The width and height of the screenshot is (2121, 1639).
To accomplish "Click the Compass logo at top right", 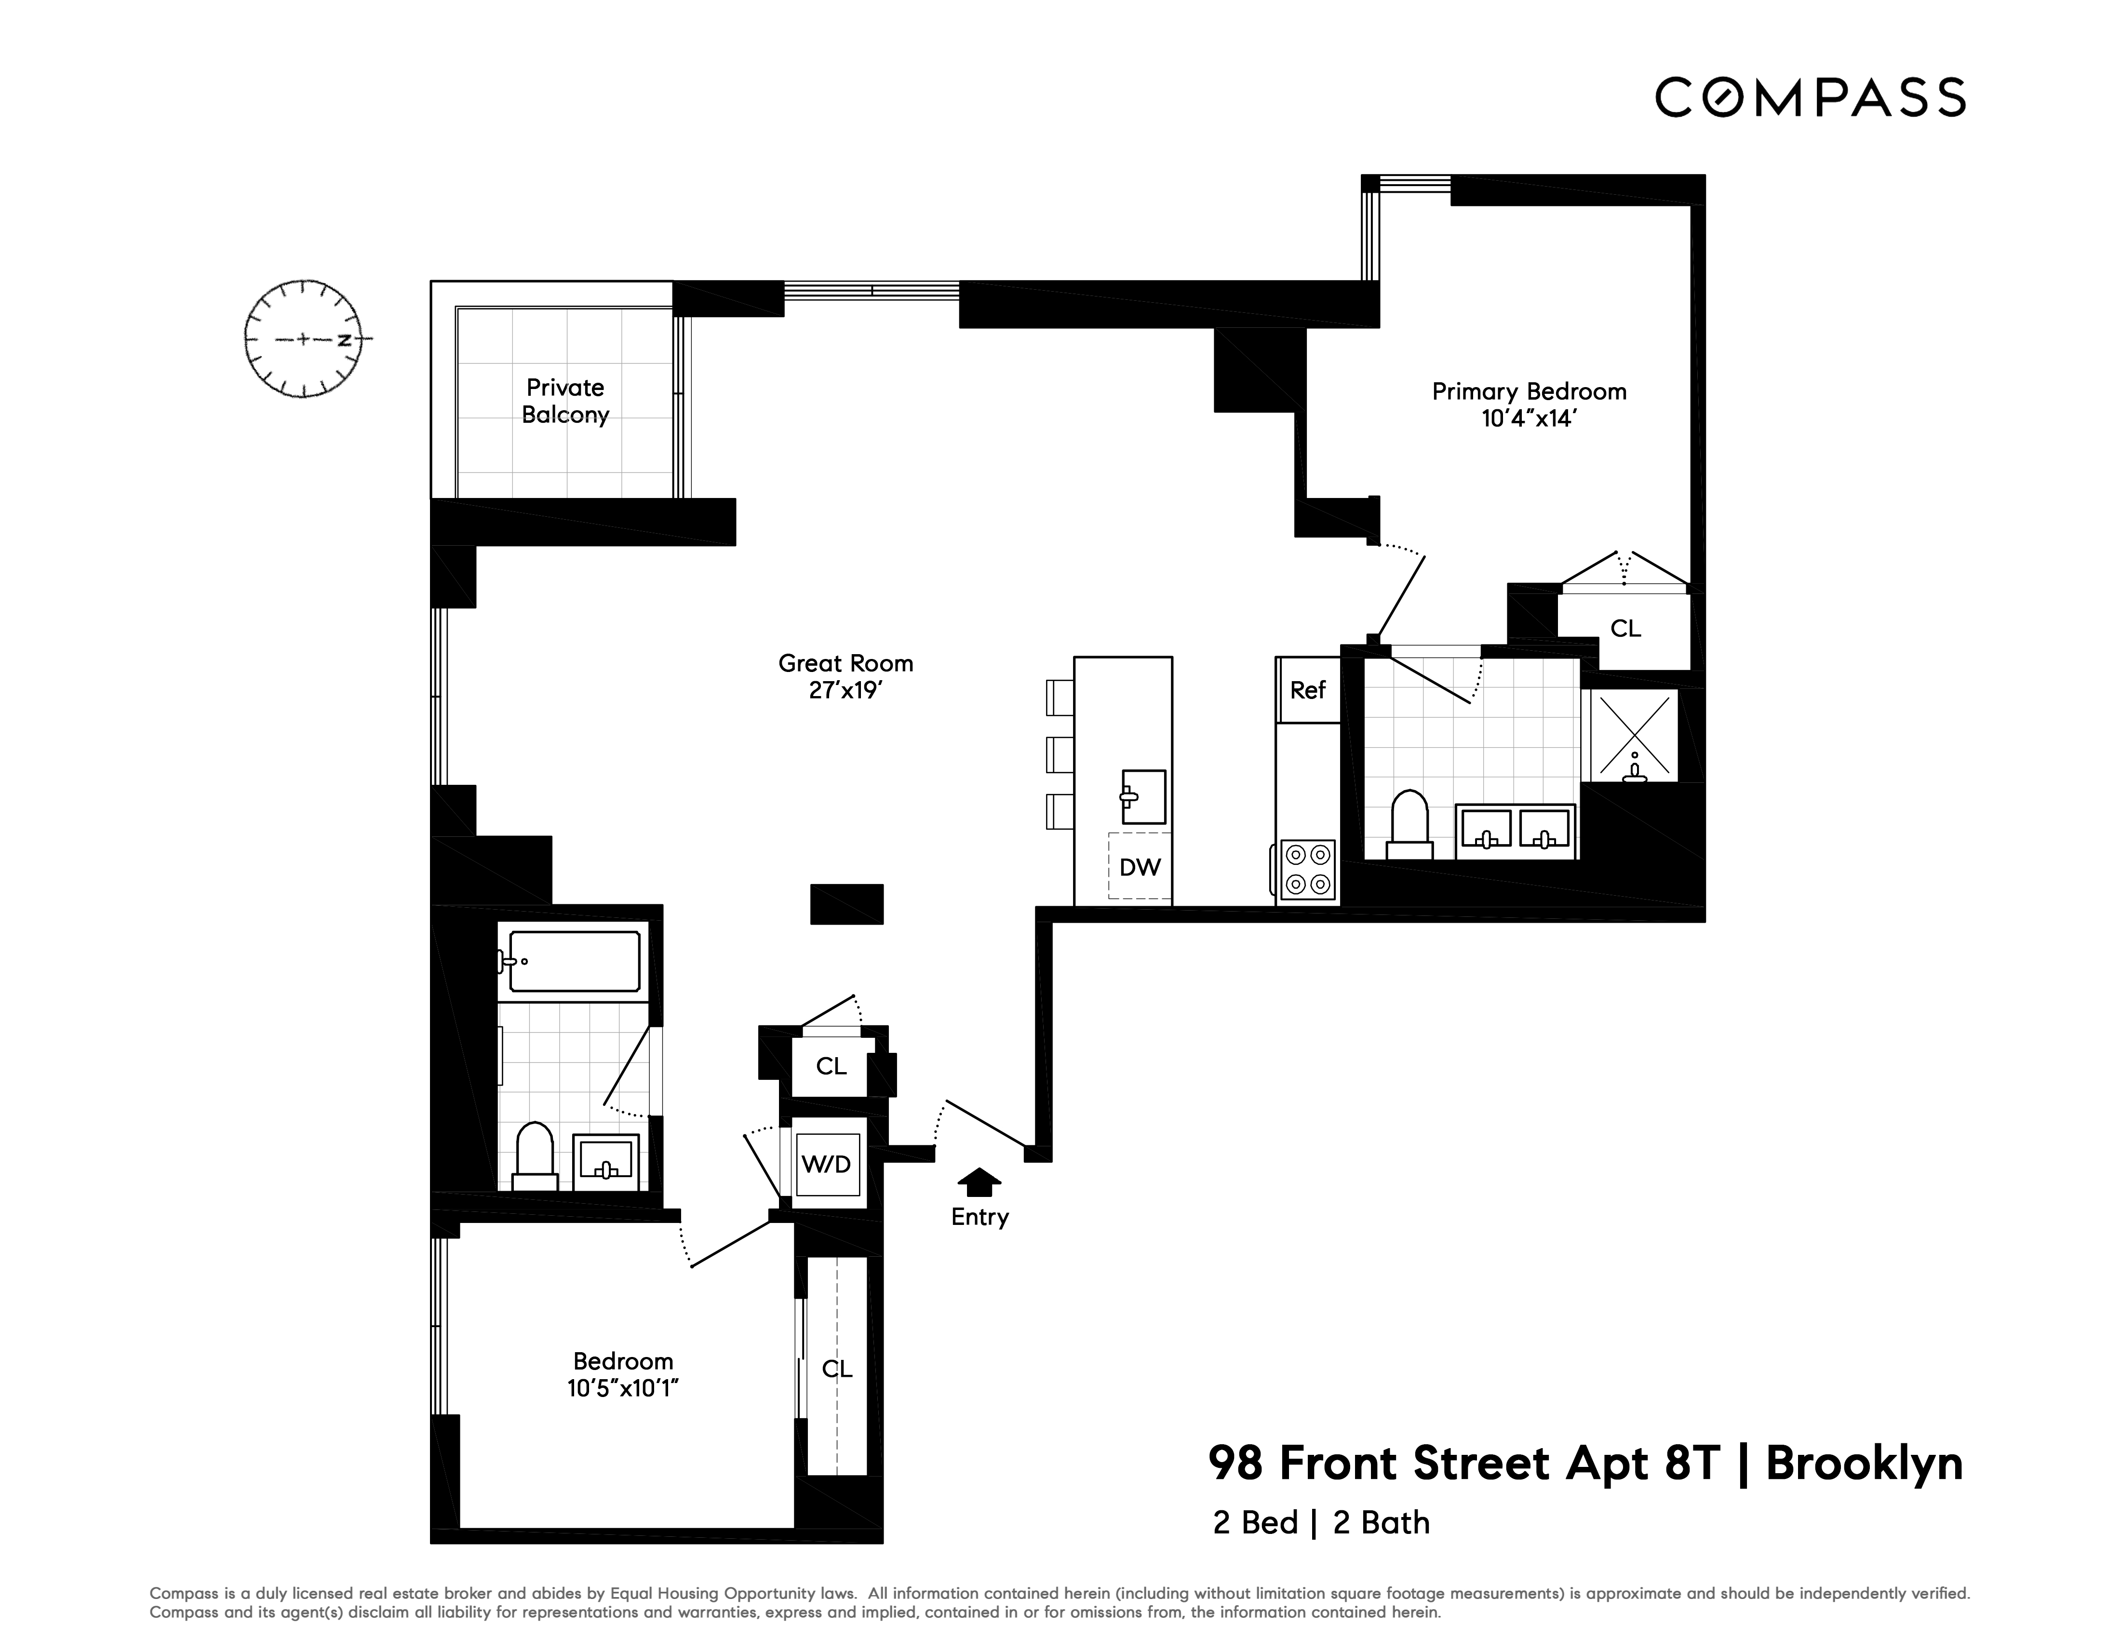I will pyautogui.click(x=1810, y=97).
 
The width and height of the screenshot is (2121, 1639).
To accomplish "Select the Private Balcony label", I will pyautogui.click(x=565, y=401).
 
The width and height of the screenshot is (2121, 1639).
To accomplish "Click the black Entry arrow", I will pyautogui.click(x=979, y=1181).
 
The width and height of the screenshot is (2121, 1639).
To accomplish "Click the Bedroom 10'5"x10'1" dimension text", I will pyautogui.click(x=622, y=1388).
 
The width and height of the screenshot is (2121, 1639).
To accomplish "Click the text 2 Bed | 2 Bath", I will pyautogui.click(x=1321, y=1522).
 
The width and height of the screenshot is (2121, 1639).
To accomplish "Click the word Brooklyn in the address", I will pyautogui.click(x=1864, y=1463).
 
